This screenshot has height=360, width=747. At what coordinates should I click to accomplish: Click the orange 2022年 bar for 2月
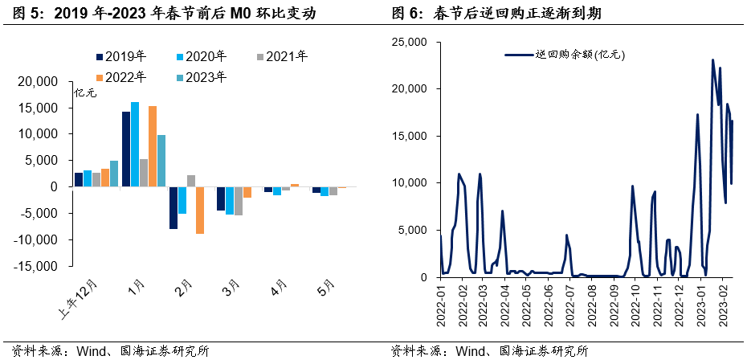[x=200, y=210]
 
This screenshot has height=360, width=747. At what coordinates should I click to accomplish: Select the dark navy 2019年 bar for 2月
[x=173, y=207]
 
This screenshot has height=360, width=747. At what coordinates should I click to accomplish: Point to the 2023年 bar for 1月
[x=161, y=161]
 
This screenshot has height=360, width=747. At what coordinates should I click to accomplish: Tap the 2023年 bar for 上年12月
[x=114, y=174]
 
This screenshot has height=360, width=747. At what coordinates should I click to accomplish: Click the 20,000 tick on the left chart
[x=35, y=82]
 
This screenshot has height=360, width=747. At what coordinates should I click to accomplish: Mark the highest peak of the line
[x=712, y=60]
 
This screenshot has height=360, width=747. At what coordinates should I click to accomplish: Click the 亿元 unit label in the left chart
[x=85, y=93]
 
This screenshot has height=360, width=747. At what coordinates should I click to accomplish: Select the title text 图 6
[x=402, y=13]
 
